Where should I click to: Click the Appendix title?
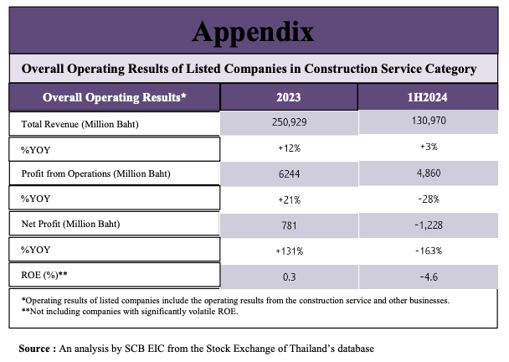tap(253, 31)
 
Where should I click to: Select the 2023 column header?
tap(288, 97)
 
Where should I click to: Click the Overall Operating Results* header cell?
tap(115, 97)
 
